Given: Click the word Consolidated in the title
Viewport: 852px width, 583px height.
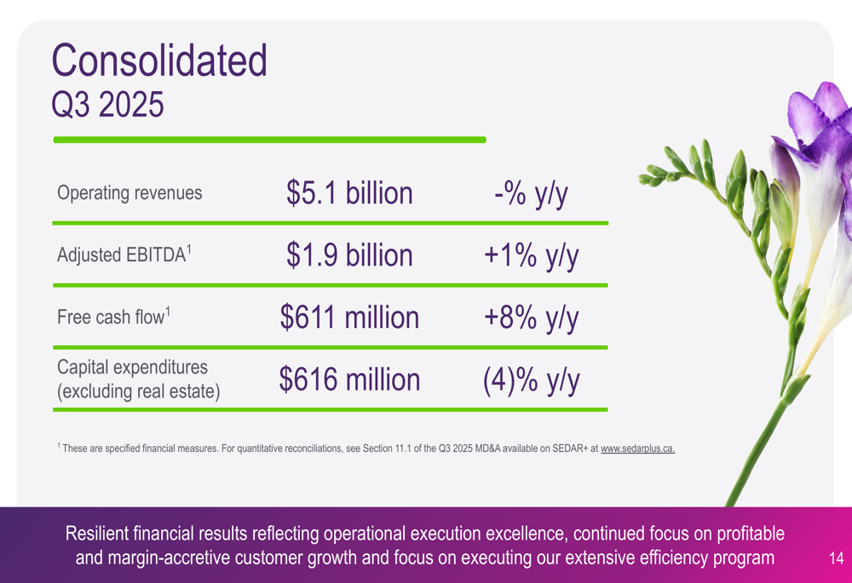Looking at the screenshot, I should (159, 60).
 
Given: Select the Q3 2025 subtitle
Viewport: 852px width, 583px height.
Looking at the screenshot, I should (107, 106).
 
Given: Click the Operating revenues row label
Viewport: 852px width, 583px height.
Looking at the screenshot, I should (130, 193).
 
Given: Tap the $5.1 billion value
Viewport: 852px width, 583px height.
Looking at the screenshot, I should (349, 193).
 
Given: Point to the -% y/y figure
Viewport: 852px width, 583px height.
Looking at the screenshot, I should (530, 193).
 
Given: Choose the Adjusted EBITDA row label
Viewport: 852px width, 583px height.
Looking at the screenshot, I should (124, 254).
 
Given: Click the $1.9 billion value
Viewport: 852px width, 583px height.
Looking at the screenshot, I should (349, 254).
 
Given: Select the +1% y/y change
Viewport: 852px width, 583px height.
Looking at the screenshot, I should (532, 254).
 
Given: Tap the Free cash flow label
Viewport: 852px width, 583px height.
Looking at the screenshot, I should (113, 317).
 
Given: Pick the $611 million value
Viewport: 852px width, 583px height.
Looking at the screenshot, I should (349, 317).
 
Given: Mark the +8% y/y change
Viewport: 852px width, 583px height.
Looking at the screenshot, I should (532, 317).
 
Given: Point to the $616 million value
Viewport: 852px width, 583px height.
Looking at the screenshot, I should (349, 380).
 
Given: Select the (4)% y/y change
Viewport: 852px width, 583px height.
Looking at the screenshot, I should (532, 380).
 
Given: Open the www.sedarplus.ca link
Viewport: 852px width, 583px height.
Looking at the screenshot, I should (637, 449).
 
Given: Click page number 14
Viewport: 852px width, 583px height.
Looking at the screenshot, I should (835, 559).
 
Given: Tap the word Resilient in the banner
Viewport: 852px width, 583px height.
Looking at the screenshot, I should (100, 534).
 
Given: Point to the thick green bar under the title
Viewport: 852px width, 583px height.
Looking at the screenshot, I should (269, 140).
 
